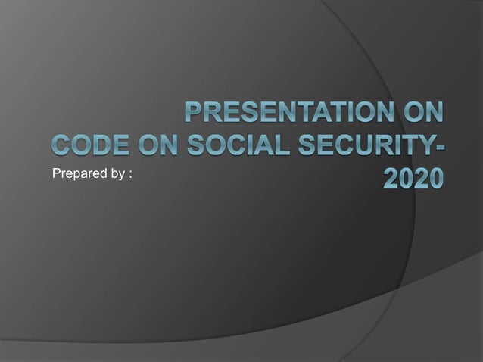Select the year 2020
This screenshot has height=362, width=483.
point(410,178)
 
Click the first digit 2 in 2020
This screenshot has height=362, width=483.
point(385,178)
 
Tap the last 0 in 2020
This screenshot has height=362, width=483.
point(435,178)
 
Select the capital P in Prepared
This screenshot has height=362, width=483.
point(55,175)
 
